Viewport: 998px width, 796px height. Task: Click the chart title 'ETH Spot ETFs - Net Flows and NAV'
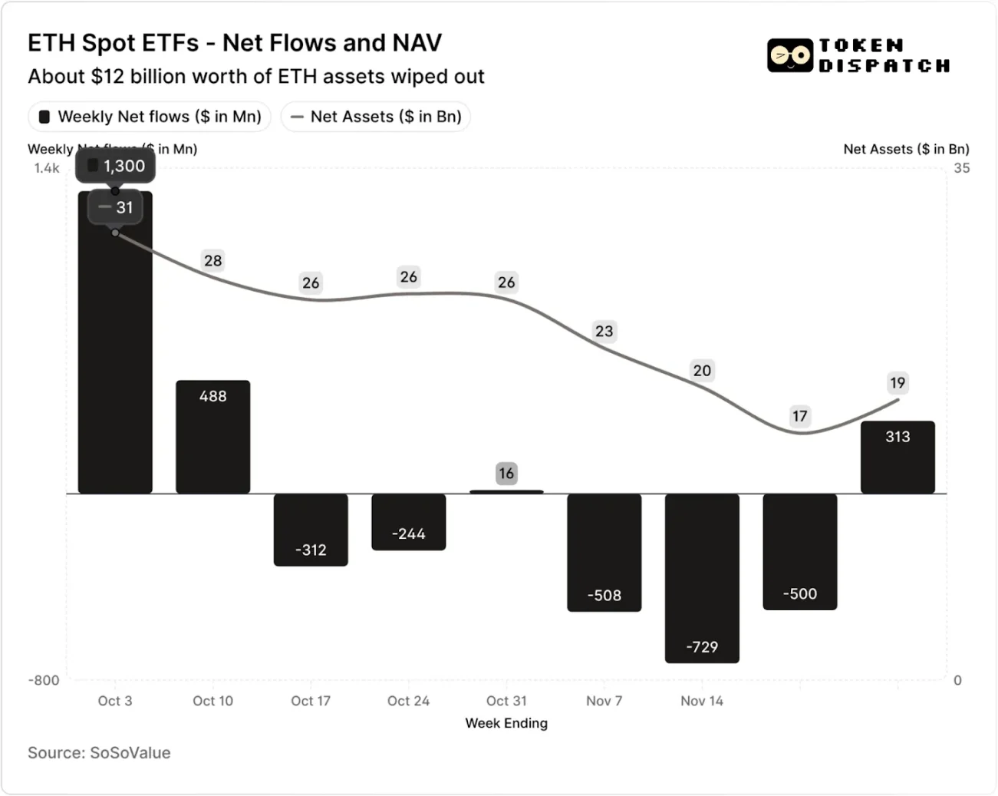pos(235,43)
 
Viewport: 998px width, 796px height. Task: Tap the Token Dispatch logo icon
pos(789,56)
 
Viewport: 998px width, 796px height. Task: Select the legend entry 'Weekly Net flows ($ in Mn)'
pos(150,117)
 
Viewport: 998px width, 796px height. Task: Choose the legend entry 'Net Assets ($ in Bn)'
pos(376,117)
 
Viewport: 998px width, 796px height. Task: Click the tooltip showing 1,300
pos(115,166)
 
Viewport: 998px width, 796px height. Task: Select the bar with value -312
pos(311,530)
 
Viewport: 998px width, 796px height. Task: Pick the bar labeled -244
pos(408,521)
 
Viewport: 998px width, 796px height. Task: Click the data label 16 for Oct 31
pos(506,473)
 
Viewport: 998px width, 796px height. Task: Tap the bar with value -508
pos(604,552)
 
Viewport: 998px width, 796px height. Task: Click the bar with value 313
pos(898,457)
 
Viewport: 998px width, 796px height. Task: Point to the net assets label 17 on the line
pos(799,416)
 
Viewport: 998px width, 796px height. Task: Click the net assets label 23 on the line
pos(604,331)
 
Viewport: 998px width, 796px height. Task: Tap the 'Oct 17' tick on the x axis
pos(311,701)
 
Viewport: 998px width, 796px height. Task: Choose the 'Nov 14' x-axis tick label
pos(702,701)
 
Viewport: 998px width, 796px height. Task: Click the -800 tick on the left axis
pos(44,680)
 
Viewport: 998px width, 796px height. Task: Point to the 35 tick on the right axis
pos(961,168)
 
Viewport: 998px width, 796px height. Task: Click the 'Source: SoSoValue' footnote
pos(99,753)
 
